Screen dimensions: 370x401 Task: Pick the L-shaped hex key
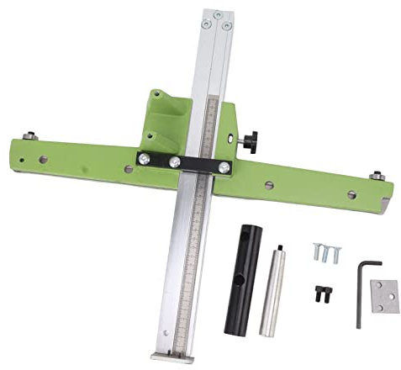(361, 290)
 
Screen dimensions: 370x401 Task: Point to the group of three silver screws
(327, 251)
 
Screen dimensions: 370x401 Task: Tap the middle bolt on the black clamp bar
(175, 161)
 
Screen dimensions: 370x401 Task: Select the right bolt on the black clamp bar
(224, 167)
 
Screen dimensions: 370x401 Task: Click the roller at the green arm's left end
(30, 135)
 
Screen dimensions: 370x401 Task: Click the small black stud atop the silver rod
(281, 246)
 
